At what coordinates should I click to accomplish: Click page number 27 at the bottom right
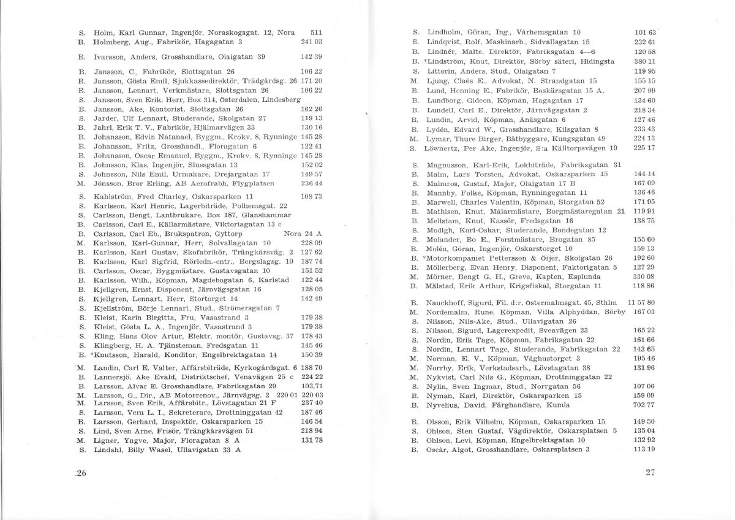650,472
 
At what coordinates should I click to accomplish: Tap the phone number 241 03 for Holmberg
312,42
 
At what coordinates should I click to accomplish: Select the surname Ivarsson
107,56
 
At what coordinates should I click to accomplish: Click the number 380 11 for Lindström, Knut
646,61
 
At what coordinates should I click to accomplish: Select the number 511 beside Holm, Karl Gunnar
317,32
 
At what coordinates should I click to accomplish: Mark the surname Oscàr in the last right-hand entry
437,449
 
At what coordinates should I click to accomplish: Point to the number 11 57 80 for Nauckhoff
641,302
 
